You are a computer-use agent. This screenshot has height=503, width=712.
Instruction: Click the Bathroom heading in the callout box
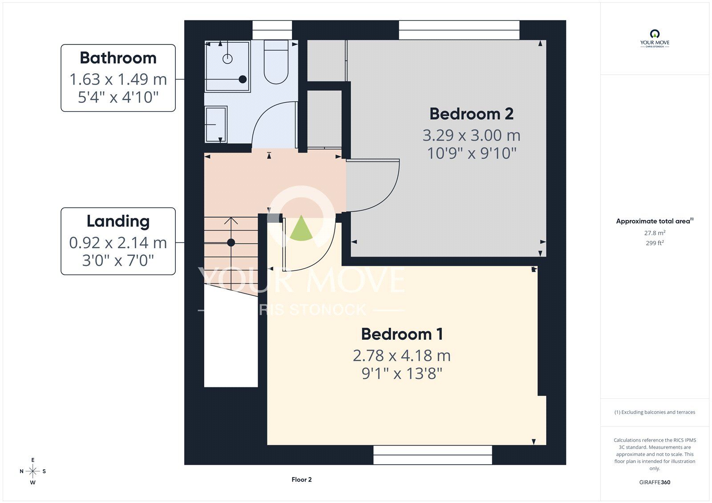click(x=118, y=58)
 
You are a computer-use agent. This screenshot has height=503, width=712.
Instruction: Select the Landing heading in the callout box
click(x=118, y=221)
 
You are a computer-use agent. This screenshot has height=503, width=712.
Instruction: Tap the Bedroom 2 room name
click(x=471, y=114)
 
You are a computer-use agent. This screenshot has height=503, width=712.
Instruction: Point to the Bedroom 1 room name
click(x=402, y=334)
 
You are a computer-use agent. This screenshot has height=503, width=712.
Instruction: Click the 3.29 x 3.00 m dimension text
click(x=471, y=135)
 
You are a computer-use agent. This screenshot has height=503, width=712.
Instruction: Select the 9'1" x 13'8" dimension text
click(x=402, y=373)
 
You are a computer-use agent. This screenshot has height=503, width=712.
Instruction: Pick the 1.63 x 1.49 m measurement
click(x=118, y=80)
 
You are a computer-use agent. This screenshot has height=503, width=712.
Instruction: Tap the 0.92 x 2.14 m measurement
click(x=118, y=243)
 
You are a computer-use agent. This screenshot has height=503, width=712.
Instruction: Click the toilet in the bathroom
click(x=276, y=62)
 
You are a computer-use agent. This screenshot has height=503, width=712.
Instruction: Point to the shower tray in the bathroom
click(x=227, y=67)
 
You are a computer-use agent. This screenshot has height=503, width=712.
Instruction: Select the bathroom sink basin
click(x=216, y=124)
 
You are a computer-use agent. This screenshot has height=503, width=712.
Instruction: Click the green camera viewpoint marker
click(x=301, y=228)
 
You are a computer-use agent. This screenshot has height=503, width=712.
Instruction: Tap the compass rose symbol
click(x=33, y=471)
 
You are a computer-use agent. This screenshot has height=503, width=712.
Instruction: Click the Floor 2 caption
click(x=302, y=479)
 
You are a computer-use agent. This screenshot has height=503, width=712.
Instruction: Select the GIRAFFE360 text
click(x=655, y=482)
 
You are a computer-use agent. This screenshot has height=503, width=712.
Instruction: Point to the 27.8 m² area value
click(x=655, y=233)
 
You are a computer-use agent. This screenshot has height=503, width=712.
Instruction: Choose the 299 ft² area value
click(x=655, y=243)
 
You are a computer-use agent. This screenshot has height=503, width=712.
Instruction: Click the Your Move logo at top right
click(x=655, y=39)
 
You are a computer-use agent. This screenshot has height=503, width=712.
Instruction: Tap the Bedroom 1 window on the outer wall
click(x=433, y=455)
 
